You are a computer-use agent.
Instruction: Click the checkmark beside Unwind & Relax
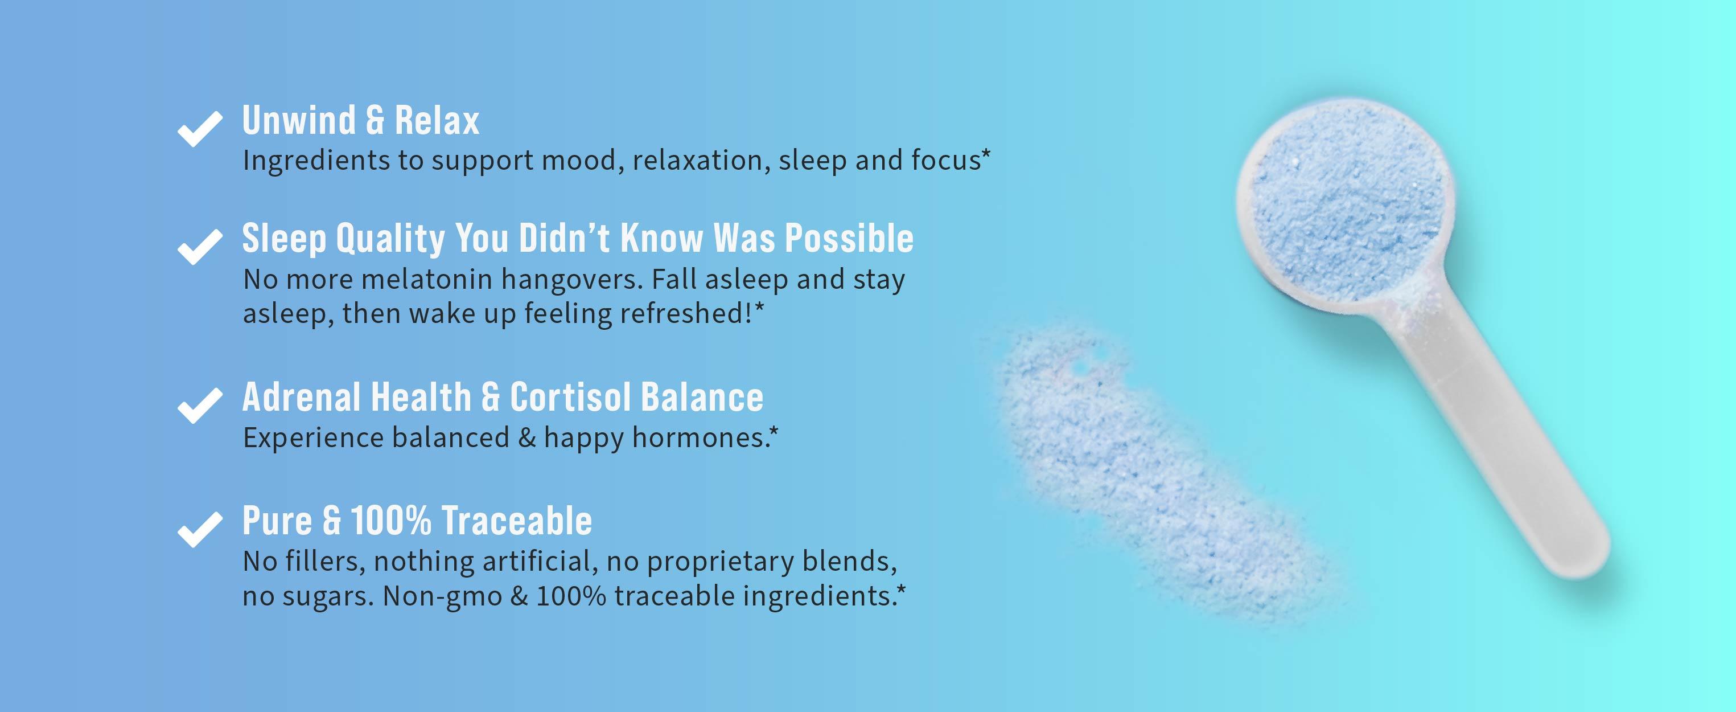pos(199,128)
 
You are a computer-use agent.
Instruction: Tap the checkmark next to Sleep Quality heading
pos(199,247)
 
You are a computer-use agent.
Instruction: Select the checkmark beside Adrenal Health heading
pos(199,405)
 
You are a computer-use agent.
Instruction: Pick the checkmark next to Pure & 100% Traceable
pos(199,529)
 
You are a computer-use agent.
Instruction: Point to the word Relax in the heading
pos(437,121)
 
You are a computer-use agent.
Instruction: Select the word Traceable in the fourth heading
pos(516,521)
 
